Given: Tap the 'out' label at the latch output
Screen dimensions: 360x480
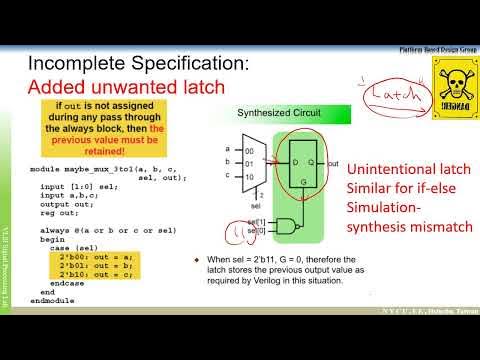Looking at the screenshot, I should (x=332, y=162).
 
